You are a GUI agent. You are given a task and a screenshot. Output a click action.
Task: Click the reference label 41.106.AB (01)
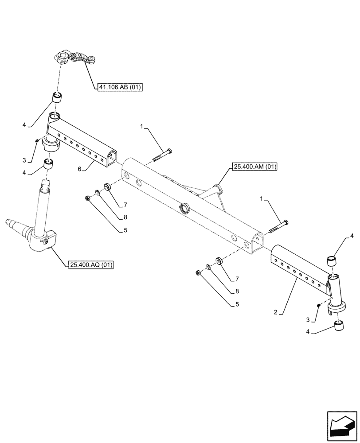(x=119, y=88)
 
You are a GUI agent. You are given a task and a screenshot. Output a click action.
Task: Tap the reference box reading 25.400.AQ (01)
(x=91, y=265)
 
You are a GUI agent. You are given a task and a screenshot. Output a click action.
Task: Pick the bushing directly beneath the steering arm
(x=57, y=97)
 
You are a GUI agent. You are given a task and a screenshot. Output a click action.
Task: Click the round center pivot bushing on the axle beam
(x=184, y=209)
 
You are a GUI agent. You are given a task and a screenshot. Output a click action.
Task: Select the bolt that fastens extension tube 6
(x=163, y=155)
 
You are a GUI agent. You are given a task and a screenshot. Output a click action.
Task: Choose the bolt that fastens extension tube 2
(x=278, y=226)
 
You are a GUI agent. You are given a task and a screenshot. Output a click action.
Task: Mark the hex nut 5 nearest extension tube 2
(x=199, y=273)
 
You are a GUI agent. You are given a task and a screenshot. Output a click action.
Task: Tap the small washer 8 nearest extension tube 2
(x=208, y=268)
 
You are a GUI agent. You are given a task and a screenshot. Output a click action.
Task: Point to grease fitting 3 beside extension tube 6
(x=37, y=141)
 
